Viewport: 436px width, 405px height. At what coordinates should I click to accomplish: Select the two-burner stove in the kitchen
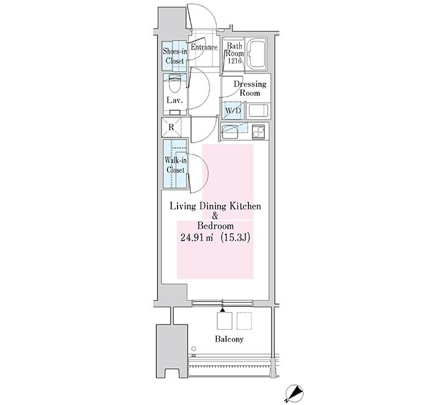pos(258,131)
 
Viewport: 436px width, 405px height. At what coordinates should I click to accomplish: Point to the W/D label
pos(233,111)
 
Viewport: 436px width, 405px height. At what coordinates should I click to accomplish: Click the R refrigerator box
pos(171,127)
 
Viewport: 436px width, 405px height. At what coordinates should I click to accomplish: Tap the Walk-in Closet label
pos(175,165)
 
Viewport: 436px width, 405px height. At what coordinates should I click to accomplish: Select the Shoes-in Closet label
pos(174,56)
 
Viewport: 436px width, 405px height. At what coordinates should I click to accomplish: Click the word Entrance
pos(204,47)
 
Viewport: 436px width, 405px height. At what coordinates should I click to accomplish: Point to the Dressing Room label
pos(250,88)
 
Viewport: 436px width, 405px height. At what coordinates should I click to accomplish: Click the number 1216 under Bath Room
pos(235,61)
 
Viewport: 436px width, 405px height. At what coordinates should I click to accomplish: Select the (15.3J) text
pos(235,237)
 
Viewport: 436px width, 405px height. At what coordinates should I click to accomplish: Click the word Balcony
pos(229,339)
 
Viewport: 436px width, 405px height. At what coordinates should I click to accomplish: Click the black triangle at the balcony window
pos(222,310)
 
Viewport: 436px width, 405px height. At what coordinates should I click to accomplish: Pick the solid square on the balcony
pos(224,321)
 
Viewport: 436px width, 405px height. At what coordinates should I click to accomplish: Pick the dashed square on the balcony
pos(244,321)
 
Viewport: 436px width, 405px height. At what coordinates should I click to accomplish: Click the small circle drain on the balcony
pos(194,348)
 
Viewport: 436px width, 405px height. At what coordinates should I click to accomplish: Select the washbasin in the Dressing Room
pos(258,110)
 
